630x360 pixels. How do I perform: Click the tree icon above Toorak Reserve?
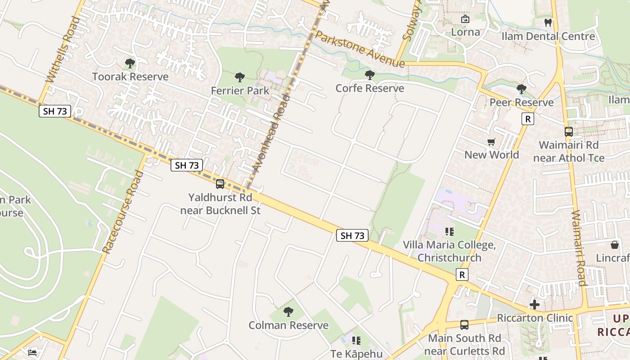click(130, 63)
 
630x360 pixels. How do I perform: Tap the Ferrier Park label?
click(240, 90)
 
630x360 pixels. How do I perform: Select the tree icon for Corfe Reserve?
click(370, 75)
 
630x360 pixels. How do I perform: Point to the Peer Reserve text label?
click(522, 102)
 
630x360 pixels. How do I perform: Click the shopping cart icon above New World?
click(491, 142)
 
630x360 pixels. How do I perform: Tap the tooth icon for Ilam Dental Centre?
click(548, 22)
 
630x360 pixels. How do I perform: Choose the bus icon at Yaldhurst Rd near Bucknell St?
click(220, 184)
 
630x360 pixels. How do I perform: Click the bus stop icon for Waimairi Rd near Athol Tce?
click(569, 132)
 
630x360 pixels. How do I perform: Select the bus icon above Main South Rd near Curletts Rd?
click(464, 324)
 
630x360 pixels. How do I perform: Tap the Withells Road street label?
click(63, 49)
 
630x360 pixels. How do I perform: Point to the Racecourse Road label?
click(119, 211)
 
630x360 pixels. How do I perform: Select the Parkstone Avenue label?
click(360, 49)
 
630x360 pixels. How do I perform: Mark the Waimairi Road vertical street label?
click(579, 247)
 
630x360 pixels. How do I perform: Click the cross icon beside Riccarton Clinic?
click(535, 305)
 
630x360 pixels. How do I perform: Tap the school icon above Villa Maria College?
click(449, 232)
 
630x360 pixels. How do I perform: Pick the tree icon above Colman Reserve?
click(288, 311)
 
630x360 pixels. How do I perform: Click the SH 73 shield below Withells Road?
click(55, 111)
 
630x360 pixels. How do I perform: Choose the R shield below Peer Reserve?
click(527, 119)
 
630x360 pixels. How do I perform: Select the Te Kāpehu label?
click(356, 354)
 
